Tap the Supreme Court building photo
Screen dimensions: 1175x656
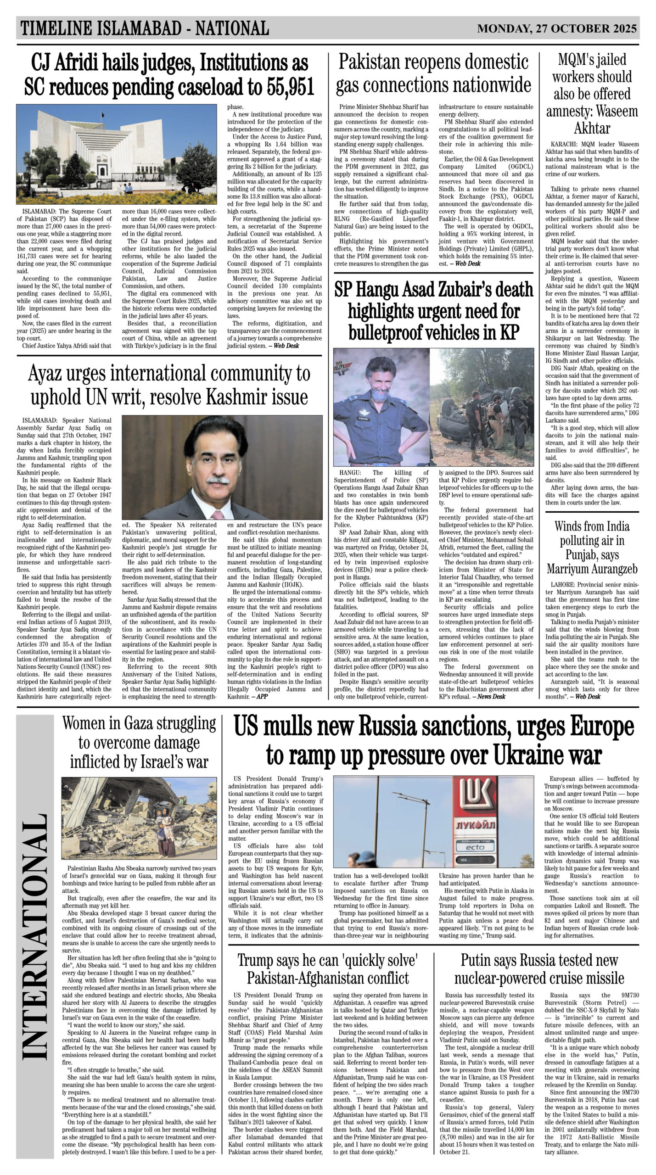[117, 154]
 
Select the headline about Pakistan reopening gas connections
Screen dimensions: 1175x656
[433, 73]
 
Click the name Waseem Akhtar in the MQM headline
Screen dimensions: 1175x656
[592, 119]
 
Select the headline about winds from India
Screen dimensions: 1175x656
[592, 547]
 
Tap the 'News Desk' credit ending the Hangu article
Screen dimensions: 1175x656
[491, 697]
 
